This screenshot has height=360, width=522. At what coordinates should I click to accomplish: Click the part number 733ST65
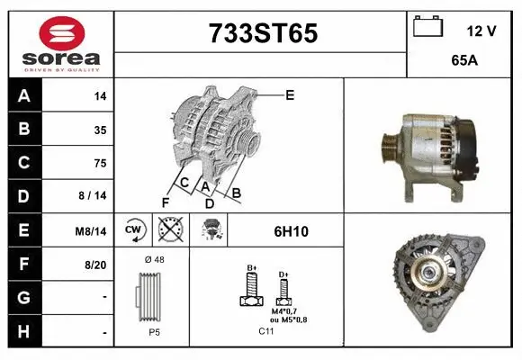(x=263, y=33)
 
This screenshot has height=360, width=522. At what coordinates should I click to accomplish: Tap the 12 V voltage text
(x=481, y=31)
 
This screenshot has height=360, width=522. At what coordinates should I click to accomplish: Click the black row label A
(x=23, y=94)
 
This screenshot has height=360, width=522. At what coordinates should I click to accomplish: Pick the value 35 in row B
(x=99, y=129)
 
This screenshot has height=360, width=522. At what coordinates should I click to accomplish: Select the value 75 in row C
(x=99, y=163)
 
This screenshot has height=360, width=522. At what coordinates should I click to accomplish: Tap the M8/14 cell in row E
(x=93, y=231)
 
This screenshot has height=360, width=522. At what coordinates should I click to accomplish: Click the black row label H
(x=23, y=332)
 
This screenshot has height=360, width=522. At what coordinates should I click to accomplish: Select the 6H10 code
(x=291, y=231)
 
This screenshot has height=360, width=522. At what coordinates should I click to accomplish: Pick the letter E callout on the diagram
(x=290, y=94)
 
